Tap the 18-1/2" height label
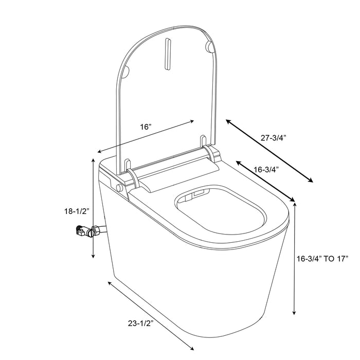coord(74,211)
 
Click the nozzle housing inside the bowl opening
coord(198,195)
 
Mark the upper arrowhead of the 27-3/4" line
coord(227,121)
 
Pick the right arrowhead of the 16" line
coord(193,121)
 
